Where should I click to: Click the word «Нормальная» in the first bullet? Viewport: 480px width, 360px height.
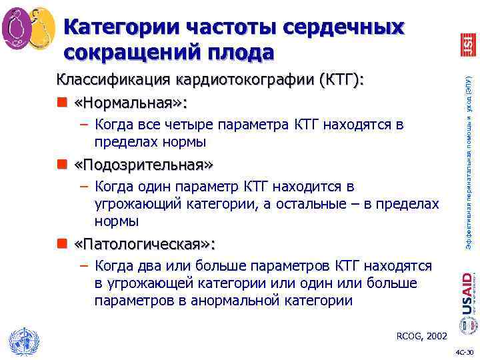tap(131, 103)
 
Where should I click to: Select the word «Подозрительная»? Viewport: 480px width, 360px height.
tap(139, 165)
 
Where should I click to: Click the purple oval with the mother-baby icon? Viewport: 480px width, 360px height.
tap(17, 27)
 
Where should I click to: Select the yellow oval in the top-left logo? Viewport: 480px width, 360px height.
tap(41, 27)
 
